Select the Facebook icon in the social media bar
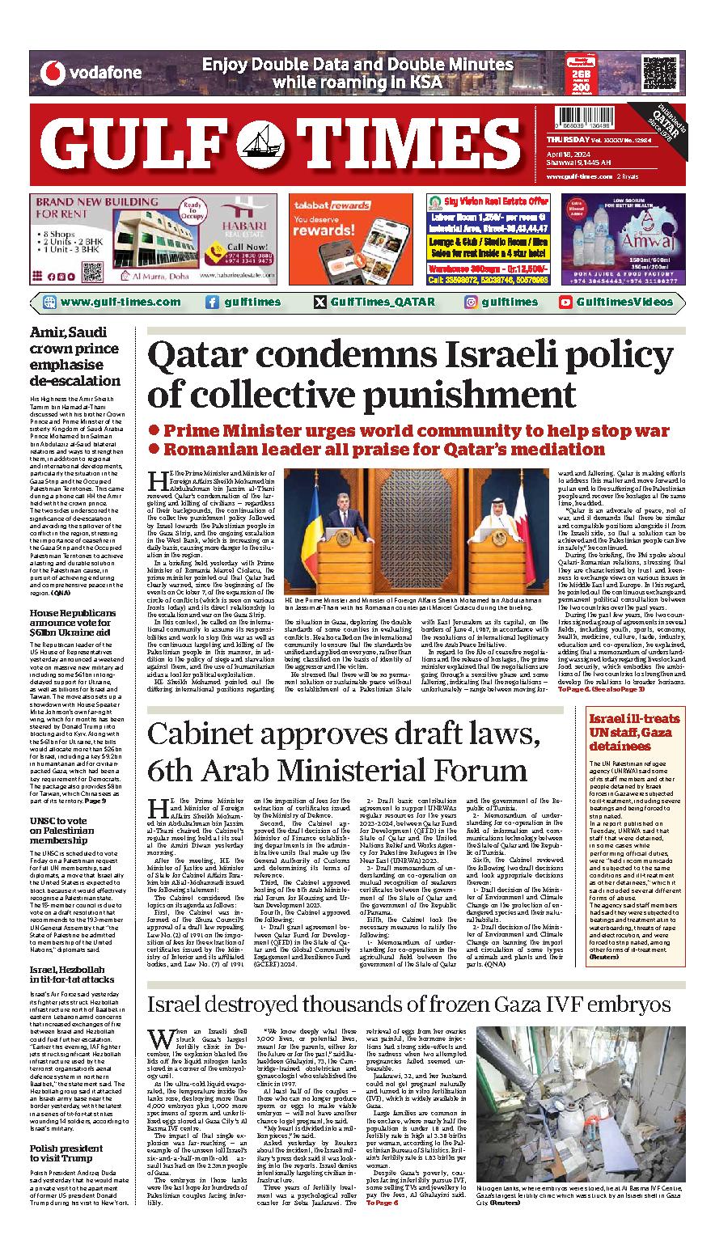(212, 302)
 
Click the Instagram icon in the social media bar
(470, 302)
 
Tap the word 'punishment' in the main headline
(463, 395)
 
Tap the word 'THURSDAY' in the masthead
(561, 140)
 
